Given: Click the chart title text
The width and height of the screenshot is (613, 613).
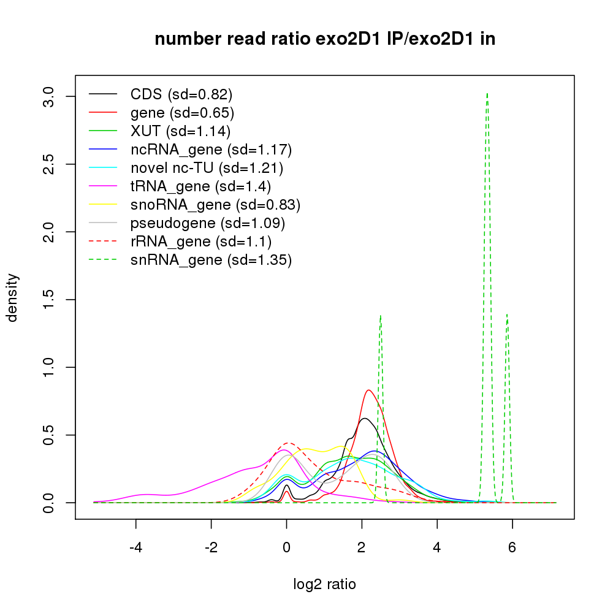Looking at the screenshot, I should (x=325, y=39).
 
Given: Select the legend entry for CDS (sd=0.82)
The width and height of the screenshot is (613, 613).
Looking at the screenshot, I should (x=181, y=94).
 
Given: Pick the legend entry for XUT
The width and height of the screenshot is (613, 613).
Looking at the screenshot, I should (x=180, y=131).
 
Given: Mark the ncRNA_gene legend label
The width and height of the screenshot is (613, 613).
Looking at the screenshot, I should (x=211, y=150).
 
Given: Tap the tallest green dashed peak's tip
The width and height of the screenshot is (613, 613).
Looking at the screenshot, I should (x=487, y=94).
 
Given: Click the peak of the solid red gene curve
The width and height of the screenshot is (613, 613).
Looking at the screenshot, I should (x=368, y=390).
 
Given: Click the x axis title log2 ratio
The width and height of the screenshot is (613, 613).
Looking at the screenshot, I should (x=325, y=584).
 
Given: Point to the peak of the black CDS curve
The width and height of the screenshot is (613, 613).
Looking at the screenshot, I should (x=364, y=419).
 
